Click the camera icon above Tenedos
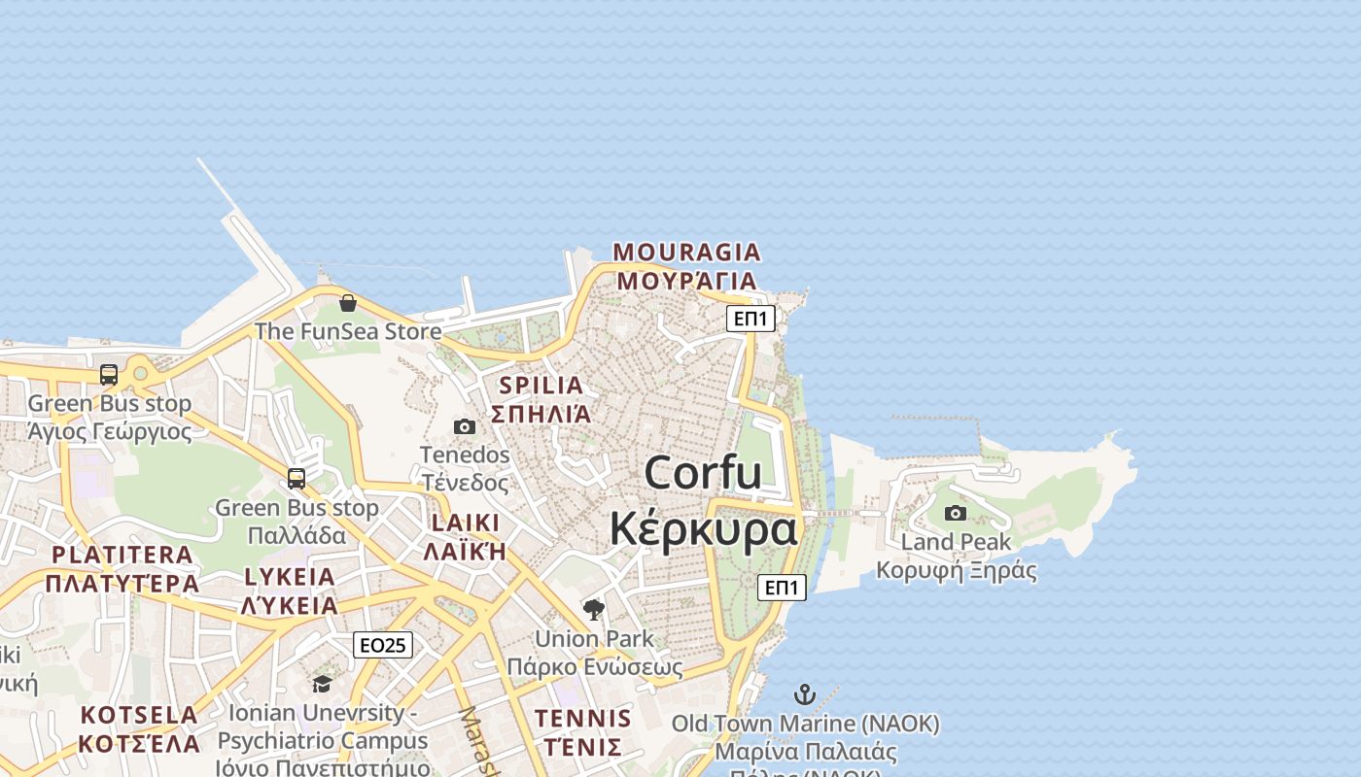pyautogui.click(x=465, y=426)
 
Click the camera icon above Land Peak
pyautogui.click(x=956, y=513)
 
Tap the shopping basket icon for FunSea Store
pyautogui.click(x=348, y=303)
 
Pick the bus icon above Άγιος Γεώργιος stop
pyautogui.click(x=109, y=375)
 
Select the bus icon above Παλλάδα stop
pyautogui.click(x=297, y=479)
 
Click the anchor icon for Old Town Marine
pyautogui.click(x=804, y=694)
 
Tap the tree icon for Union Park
pyautogui.click(x=593, y=610)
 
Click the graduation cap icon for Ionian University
pyautogui.click(x=322, y=684)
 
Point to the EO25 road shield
pyautogui.click(x=382, y=645)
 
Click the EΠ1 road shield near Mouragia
pyautogui.click(x=750, y=319)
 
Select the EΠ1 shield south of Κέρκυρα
pyautogui.click(x=782, y=587)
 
